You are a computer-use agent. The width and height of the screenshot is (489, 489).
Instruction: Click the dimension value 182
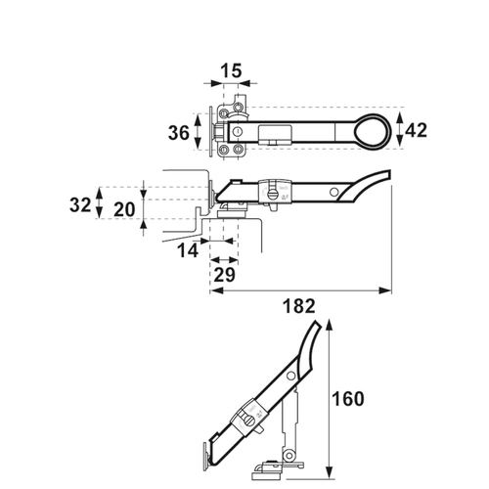tap(301, 306)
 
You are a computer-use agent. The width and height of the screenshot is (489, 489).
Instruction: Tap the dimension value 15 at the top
tap(231, 71)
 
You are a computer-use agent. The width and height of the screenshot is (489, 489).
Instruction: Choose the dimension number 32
tap(82, 206)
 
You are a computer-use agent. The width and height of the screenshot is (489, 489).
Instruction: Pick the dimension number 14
tap(189, 251)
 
